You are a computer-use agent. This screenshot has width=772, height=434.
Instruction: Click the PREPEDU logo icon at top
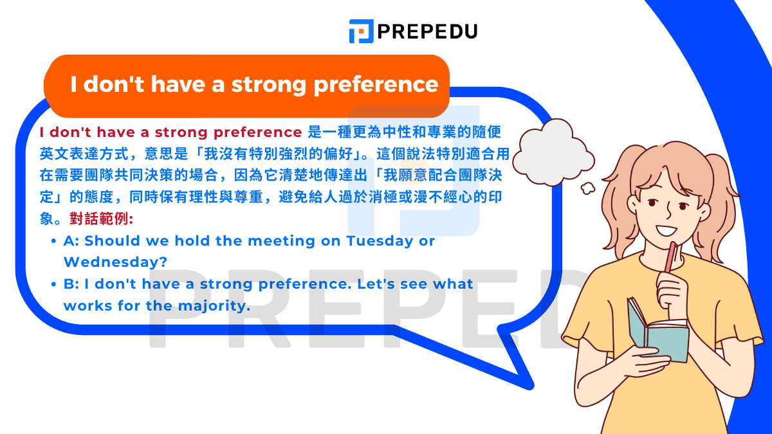(362, 31)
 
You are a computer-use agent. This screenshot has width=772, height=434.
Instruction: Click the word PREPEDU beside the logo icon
(427, 31)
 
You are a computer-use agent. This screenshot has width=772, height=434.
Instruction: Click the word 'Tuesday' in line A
(379, 241)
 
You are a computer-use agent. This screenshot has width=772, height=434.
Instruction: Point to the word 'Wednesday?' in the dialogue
(115, 262)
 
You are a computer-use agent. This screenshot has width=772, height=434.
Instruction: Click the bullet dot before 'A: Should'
(53, 242)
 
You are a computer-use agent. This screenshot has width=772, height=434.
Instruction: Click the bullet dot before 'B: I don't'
(53, 285)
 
